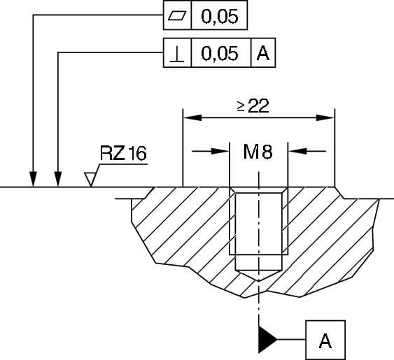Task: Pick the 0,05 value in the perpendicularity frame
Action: point(219,53)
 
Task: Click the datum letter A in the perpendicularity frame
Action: point(263,53)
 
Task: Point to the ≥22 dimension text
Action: point(253,106)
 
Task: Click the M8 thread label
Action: point(258,150)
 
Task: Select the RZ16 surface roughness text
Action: point(123,153)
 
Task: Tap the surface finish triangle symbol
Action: point(90,180)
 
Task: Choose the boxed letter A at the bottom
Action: point(325,340)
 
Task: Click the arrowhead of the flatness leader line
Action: point(33,180)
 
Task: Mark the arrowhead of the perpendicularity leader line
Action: point(57,180)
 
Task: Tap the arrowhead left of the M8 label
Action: point(222,150)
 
